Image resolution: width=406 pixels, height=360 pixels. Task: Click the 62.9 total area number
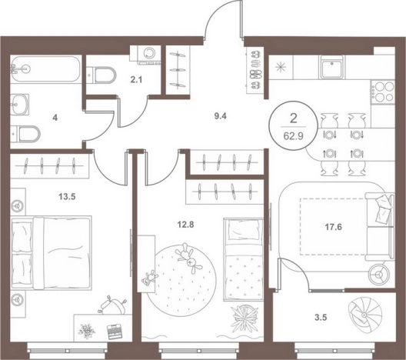coord(294,136)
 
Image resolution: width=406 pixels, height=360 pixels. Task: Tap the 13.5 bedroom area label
coord(67,197)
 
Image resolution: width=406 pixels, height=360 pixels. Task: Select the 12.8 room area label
coord(185,225)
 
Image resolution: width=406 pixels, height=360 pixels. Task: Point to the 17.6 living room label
coord(333,227)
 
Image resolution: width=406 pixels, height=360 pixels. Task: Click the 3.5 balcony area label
coord(321,318)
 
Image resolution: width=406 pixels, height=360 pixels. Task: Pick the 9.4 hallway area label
coord(220,116)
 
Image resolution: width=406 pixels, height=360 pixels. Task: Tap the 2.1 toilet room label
coord(136,80)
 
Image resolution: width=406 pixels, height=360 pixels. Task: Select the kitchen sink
coord(332,67)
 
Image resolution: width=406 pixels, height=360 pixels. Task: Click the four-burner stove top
coord(383,92)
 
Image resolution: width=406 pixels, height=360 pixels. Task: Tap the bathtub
coord(46,69)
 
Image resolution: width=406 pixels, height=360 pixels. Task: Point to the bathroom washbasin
coord(19,105)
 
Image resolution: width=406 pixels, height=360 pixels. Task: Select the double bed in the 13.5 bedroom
coord(52,252)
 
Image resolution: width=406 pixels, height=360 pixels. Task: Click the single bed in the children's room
coord(244,259)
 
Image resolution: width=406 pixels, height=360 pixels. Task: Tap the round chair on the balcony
coord(364,315)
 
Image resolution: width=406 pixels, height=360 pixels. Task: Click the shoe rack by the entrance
coord(256,71)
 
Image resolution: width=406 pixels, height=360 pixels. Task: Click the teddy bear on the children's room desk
coord(150,278)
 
